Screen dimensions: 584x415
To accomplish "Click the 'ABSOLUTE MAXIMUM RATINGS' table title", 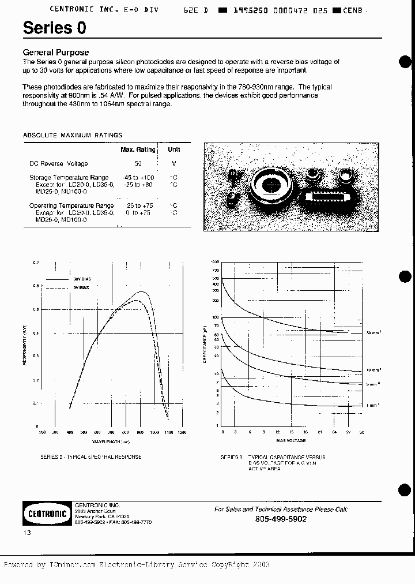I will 73,135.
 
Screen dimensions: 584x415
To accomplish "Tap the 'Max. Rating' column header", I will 138,149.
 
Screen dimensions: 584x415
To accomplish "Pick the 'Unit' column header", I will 173,149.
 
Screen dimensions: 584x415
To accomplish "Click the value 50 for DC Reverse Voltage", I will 138,164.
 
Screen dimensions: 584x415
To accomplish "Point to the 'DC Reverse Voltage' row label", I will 59,164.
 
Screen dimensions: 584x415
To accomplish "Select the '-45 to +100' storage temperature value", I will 138,178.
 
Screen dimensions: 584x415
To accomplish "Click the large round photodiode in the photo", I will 269,184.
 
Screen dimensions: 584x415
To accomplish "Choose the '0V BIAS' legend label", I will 81,287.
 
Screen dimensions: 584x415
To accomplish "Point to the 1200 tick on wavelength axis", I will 183,432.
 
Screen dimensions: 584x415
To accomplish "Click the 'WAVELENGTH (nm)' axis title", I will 112,441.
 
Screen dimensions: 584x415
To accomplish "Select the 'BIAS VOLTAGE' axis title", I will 293,440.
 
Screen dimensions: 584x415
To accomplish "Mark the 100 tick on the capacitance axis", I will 216,317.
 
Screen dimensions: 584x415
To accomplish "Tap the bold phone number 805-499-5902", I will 281,519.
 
